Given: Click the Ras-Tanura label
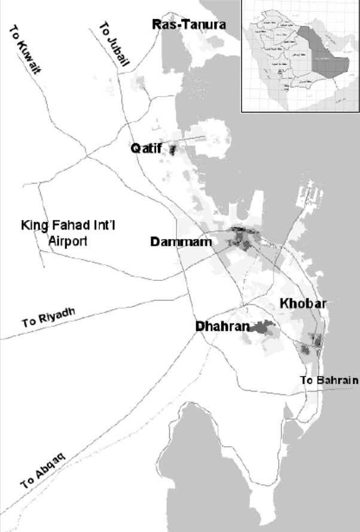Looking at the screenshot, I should (189, 25).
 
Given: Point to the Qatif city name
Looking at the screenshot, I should (147, 149).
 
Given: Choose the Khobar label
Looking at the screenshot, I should (303, 304).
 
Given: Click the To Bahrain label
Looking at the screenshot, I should (329, 380).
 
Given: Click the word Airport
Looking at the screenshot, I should (67, 242).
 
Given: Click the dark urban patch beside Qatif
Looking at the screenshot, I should (173, 149).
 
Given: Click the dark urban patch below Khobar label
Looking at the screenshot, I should (315, 342).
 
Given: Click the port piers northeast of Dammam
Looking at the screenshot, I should (312, 194).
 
